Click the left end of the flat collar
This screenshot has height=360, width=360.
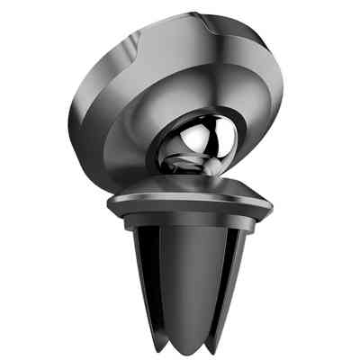click(109, 205)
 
